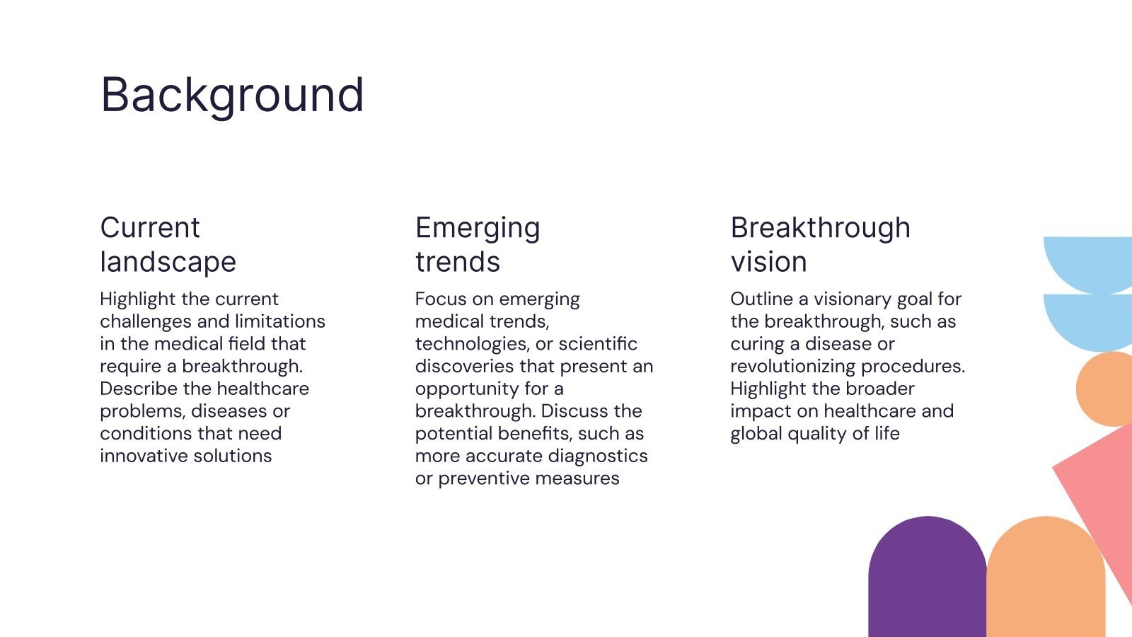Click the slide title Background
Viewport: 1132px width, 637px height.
tap(232, 96)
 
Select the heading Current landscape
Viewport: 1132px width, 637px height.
tap(168, 245)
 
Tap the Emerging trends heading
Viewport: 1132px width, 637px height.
tap(478, 245)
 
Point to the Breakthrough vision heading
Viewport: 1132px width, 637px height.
tap(820, 245)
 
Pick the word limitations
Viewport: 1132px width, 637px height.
tap(280, 321)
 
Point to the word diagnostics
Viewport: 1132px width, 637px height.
tap(598, 457)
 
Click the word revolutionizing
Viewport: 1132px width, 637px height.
tap(793, 367)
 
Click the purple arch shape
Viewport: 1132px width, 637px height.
tap(928, 576)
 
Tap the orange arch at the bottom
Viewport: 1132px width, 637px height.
tap(1046, 576)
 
